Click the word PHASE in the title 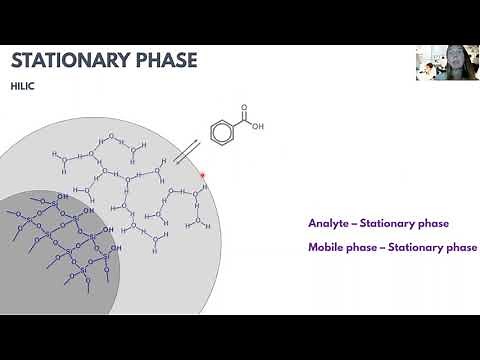166,59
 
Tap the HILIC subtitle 22,86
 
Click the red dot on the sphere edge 203,177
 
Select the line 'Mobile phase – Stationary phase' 391,247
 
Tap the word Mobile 326,247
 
